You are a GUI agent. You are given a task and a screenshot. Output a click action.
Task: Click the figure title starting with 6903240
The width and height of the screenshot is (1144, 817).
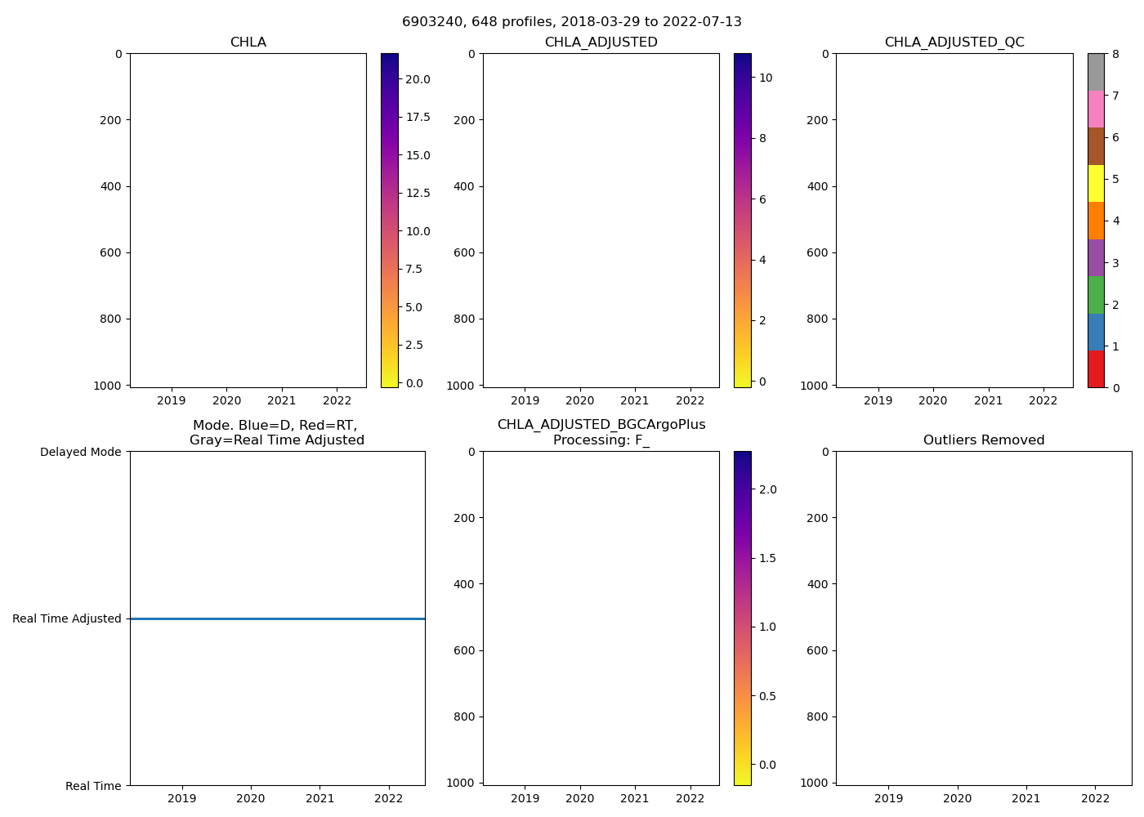click(572, 22)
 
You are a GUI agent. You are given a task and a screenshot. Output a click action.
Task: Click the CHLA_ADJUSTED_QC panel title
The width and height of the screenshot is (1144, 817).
click(954, 42)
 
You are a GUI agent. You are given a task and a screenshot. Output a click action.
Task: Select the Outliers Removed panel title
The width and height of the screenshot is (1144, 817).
click(984, 440)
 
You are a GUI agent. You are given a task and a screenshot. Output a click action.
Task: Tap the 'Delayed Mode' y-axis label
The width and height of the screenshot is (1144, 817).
click(80, 452)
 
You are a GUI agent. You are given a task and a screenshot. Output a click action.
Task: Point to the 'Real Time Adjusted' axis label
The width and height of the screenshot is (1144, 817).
click(67, 618)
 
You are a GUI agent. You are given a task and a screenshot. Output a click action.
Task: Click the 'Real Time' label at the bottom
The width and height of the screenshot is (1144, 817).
click(93, 786)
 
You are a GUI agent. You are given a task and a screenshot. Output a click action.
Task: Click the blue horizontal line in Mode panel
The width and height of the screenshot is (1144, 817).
click(278, 618)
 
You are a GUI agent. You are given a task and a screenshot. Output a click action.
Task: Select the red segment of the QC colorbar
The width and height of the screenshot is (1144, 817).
click(1096, 369)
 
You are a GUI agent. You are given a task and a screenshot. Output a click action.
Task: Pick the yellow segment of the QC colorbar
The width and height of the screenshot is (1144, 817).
click(1096, 183)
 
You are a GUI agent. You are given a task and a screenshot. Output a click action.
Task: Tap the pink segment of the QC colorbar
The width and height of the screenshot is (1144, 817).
click(1096, 109)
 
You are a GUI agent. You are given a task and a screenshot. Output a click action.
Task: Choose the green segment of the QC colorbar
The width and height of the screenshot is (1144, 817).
click(1096, 295)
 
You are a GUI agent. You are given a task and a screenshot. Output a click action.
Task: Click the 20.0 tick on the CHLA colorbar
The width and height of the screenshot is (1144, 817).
click(418, 79)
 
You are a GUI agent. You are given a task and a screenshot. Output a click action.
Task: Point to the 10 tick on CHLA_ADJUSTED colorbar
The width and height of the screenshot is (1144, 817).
click(766, 78)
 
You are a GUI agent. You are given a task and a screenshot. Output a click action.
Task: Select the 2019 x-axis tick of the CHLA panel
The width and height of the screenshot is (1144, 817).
click(172, 400)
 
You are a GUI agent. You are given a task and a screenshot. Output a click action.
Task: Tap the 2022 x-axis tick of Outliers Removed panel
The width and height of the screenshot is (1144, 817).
click(1096, 798)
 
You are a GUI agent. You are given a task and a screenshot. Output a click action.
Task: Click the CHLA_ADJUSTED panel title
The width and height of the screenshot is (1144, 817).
click(601, 42)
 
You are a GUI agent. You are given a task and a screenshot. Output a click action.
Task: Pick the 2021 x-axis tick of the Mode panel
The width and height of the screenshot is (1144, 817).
click(320, 798)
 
